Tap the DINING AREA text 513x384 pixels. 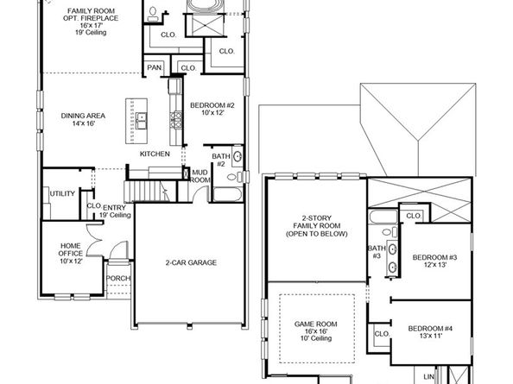[83, 120]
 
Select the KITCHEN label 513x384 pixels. [155, 154]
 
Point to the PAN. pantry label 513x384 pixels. [155, 68]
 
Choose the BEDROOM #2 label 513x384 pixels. [212, 109]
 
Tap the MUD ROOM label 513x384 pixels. [199, 176]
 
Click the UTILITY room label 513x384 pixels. [61, 193]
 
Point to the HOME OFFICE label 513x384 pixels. [70, 255]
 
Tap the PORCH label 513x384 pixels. [117, 279]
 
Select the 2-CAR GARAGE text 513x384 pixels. [191, 262]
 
